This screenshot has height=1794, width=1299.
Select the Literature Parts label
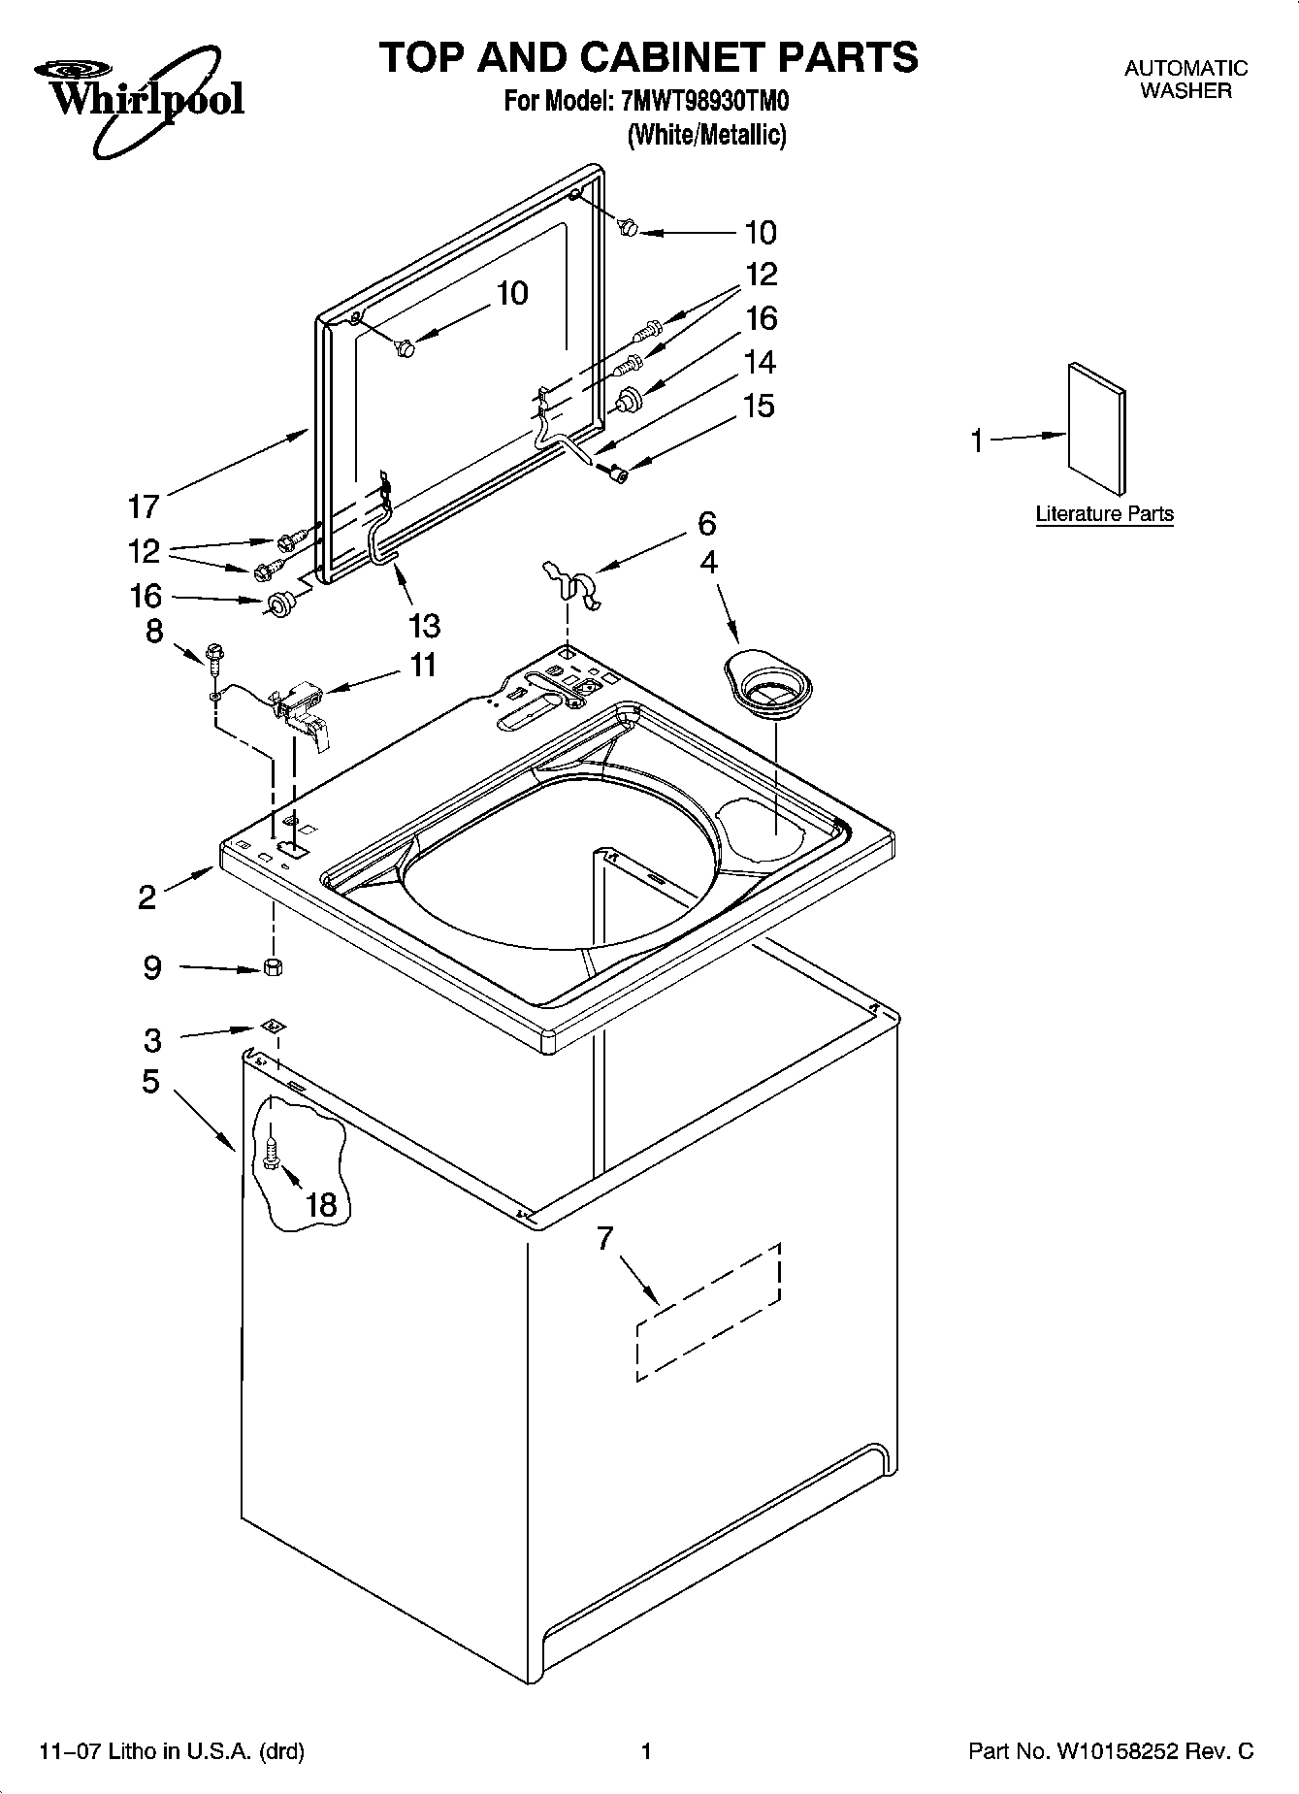tap(1104, 514)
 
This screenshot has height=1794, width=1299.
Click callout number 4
tap(709, 563)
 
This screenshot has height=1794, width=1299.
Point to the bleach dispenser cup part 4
tap(767, 688)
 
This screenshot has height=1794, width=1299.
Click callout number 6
tap(706, 524)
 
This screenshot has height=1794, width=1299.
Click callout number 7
tap(605, 1239)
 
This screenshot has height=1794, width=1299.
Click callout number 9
tap(152, 967)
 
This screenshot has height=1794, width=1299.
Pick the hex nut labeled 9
tap(274, 966)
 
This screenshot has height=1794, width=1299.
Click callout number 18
tap(321, 1205)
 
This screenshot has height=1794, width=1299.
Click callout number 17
tap(144, 506)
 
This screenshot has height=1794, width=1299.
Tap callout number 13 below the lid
tap(425, 626)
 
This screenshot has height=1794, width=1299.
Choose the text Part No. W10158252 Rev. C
tap(1111, 1751)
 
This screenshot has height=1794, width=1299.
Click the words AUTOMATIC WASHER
tap(1185, 80)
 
